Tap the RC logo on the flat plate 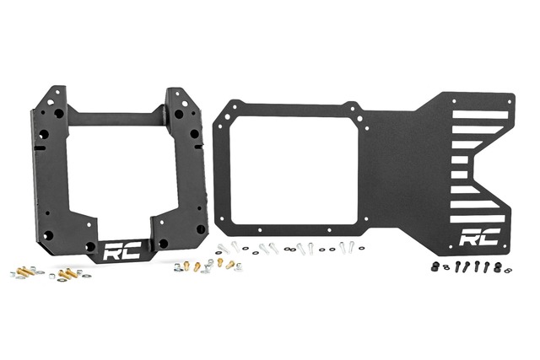click(x=477, y=239)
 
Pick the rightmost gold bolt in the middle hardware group click(x=229, y=264)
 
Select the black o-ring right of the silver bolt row click(x=362, y=249)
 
